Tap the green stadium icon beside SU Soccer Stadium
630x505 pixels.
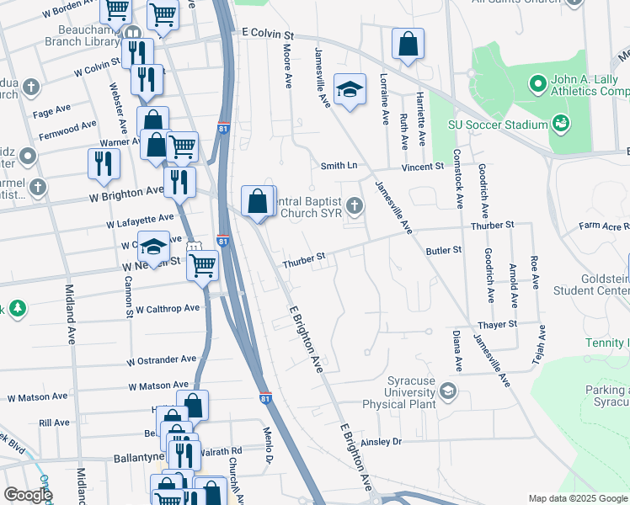tap(560, 125)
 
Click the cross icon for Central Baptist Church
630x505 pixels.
tap(355, 205)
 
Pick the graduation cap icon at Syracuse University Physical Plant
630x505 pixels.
tap(448, 390)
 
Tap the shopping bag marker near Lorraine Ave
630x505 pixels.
tap(408, 45)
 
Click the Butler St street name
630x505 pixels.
tap(444, 250)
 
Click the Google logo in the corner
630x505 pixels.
tap(27, 494)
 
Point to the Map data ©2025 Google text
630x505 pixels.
tap(577, 498)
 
